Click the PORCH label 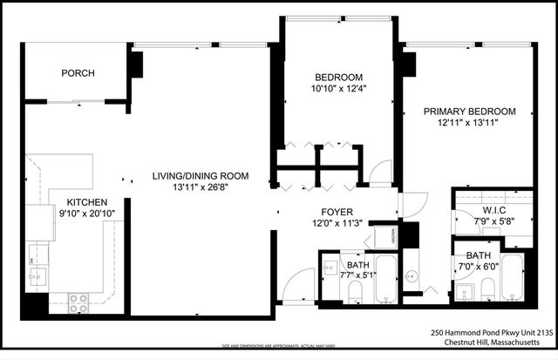pyautogui.click(x=78, y=73)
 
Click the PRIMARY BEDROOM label pyautogui.click(x=469, y=112)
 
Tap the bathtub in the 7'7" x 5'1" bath pyautogui.click(x=385, y=280)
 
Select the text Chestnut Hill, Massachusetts pyautogui.click(x=492, y=343)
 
